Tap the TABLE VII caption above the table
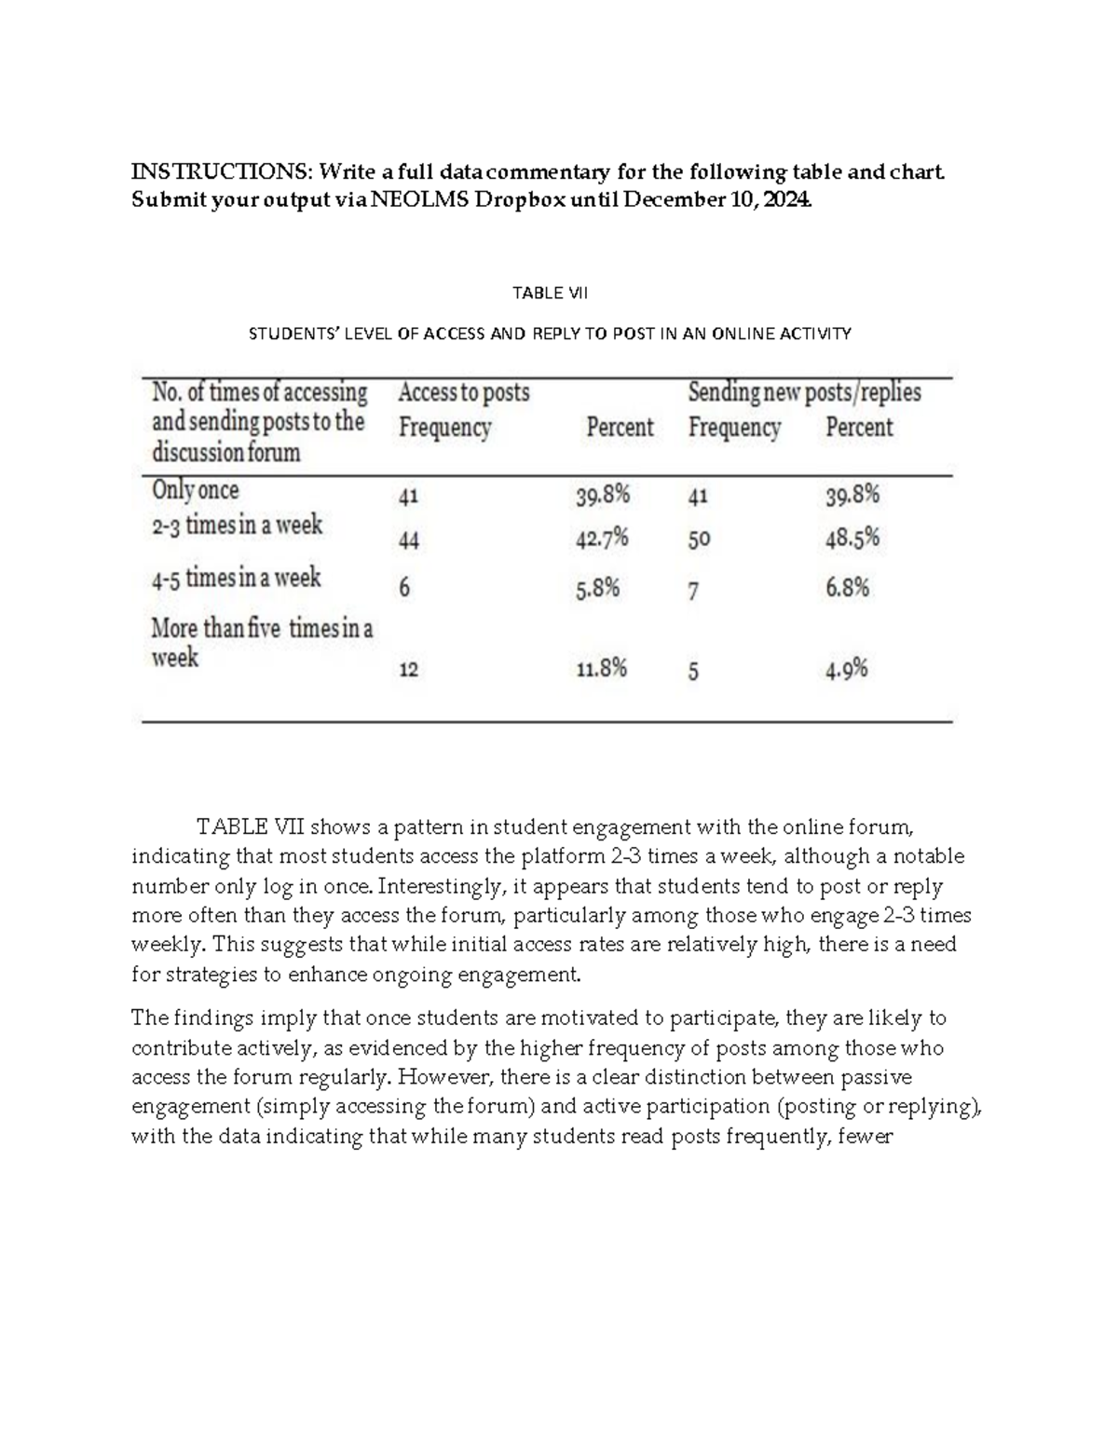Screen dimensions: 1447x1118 coord(551,293)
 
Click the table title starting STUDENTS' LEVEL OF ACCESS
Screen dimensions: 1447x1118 coord(550,334)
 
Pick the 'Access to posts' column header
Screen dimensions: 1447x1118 coord(464,393)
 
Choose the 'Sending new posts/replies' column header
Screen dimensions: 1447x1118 coord(804,392)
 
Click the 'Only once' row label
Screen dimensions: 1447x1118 coord(195,490)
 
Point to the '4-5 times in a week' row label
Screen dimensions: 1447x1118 coord(236,579)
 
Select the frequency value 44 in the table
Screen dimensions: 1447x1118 coord(408,540)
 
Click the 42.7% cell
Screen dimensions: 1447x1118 coord(602,539)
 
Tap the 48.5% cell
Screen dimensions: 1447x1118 coord(852,539)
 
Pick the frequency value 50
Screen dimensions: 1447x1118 coord(699,539)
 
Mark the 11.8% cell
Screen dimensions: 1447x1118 coord(601,668)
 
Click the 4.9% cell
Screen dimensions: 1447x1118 coord(847,669)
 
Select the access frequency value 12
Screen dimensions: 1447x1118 coord(408,670)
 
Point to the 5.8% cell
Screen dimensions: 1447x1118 coord(597,589)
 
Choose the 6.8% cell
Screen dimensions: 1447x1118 coord(847,588)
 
